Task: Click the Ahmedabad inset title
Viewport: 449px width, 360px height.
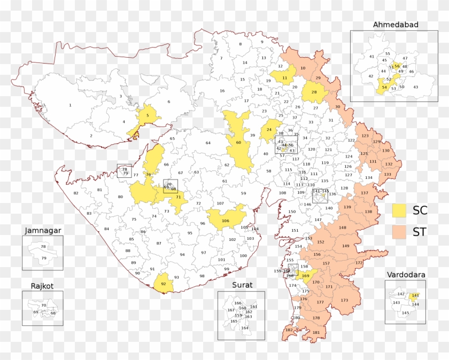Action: (x=396, y=25)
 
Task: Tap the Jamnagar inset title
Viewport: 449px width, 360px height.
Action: (x=43, y=231)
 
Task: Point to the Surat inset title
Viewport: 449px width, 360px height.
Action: (x=242, y=285)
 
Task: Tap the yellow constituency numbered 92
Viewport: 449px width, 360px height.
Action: (x=164, y=284)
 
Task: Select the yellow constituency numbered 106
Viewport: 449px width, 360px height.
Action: (x=225, y=221)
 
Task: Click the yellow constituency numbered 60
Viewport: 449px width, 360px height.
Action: (x=238, y=143)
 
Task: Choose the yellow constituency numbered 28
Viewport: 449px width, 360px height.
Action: (x=314, y=92)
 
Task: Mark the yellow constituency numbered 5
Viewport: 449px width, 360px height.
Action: (x=146, y=115)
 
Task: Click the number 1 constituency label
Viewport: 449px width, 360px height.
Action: (x=70, y=105)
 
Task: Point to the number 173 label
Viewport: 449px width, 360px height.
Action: (x=344, y=300)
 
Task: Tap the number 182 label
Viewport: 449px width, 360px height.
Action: (x=289, y=330)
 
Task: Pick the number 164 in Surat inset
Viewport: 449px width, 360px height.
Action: (x=245, y=328)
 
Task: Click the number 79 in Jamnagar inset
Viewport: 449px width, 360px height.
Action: (x=44, y=259)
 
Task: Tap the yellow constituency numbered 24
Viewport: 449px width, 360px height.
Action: (x=269, y=130)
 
